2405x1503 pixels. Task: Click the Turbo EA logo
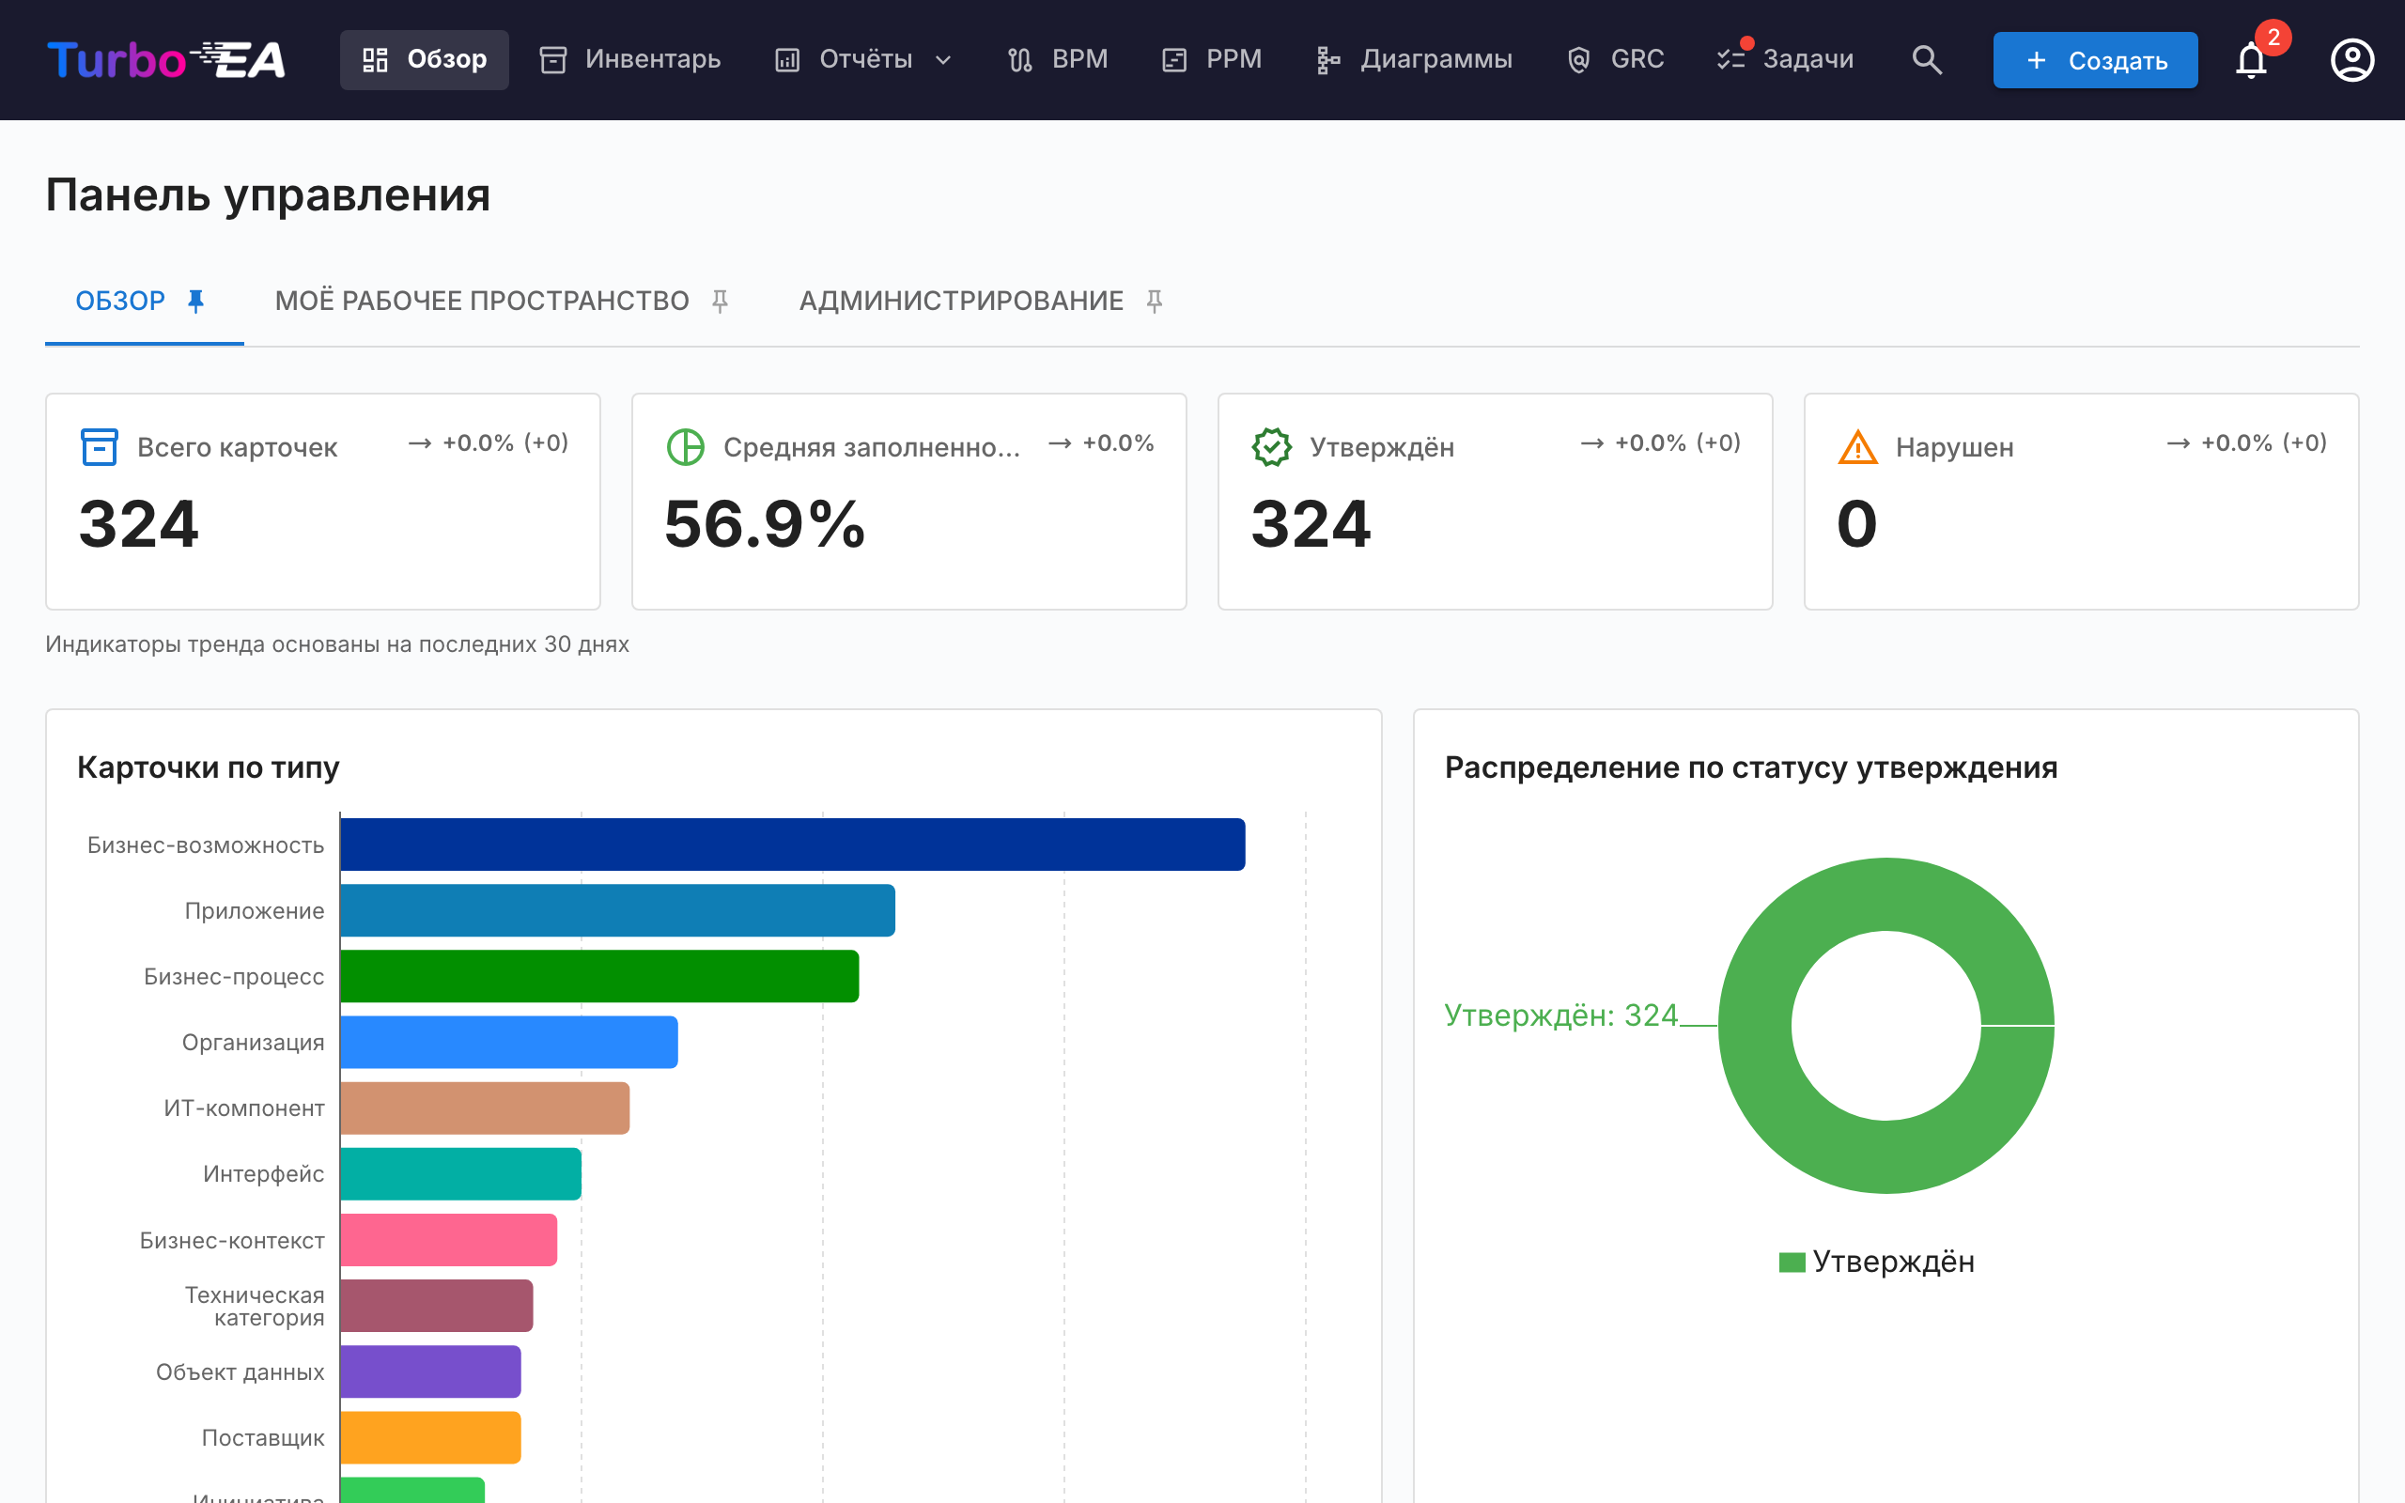pos(166,59)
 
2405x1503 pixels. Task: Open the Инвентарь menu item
pos(630,59)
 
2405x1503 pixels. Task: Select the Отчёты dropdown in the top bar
pos(862,59)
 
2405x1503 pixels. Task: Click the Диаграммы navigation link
pos(1413,59)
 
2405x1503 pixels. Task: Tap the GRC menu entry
pos(1615,59)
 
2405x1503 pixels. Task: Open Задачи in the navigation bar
pos(1785,59)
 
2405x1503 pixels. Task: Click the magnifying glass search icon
pos(1926,59)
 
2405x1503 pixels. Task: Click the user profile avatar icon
pos(2351,59)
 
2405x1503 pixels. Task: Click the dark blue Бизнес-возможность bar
pos(792,844)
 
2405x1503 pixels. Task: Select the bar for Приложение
pos(617,910)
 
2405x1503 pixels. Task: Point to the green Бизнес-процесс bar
pos(599,976)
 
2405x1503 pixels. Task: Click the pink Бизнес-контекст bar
pos(448,1240)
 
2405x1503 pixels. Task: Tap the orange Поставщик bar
pos(430,1437)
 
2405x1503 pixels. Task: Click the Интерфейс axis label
pos(263,1174)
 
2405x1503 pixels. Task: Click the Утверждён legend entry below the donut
pos(1876,1262)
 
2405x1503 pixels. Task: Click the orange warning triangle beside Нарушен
pos(1857,447)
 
